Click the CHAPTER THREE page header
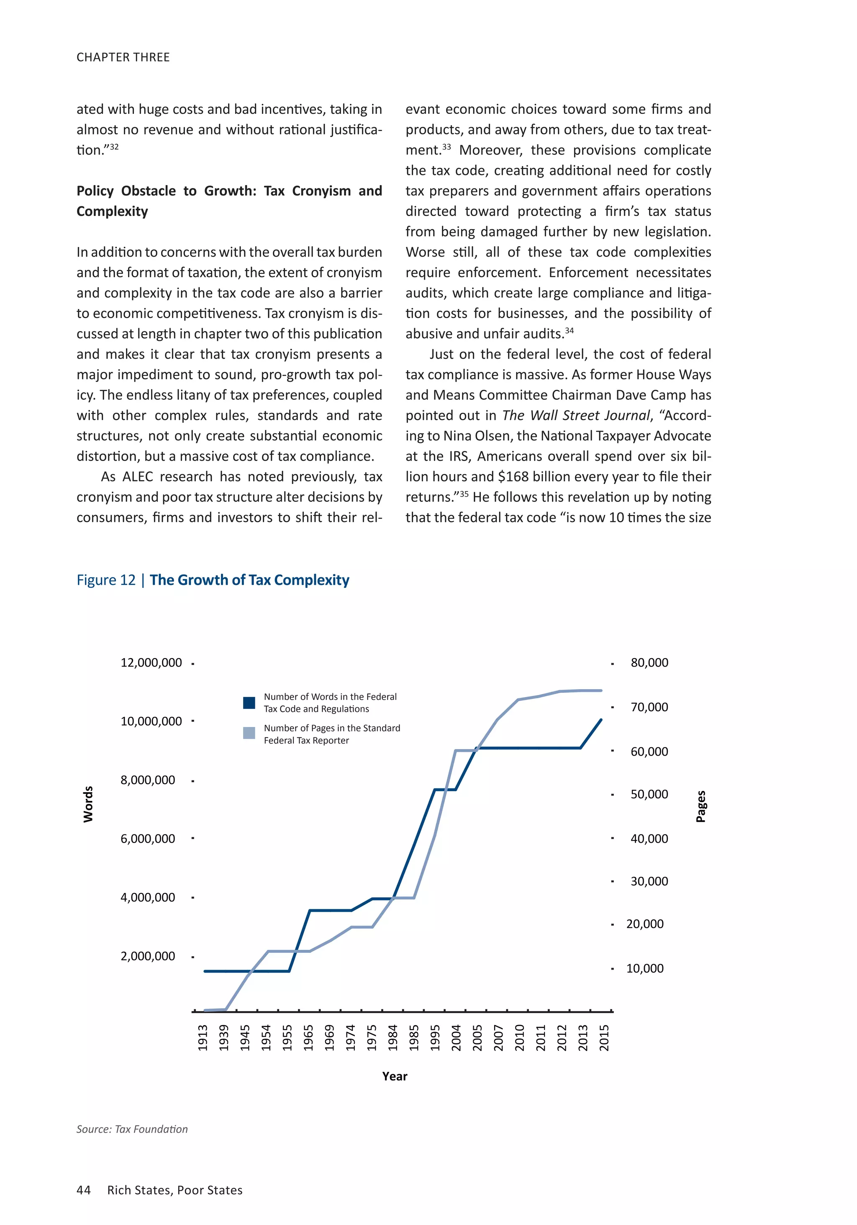pos(123,57)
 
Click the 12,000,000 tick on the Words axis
pos(151,663)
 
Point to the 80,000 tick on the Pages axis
pos(649,663)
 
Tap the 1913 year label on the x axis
pos(203,1038)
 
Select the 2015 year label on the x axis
pos(604,1038)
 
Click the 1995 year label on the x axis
pos(435,1038)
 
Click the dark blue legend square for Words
pos(249,703)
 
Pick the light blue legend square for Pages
pos(249,733)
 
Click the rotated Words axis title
pos(89,804)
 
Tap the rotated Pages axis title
pos(701,806)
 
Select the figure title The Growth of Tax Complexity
pos(249,580)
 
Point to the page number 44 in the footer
pos(84,1190)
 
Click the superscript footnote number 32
pos(114,146)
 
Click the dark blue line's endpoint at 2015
pos(601,720)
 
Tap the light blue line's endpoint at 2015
pos(601,690)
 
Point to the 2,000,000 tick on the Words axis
pos(148,956)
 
